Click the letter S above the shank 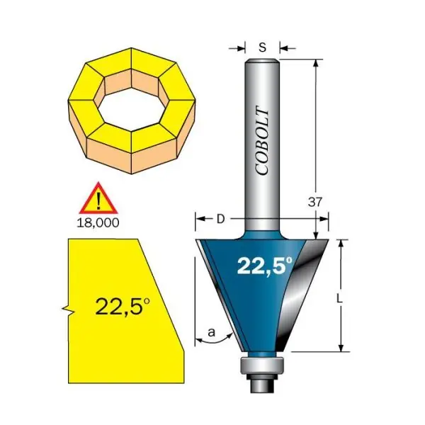point(262,47)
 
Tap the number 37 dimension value point(315,202)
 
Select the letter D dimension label point(221,220)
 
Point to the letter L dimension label point(339,299)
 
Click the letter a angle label point(211,331)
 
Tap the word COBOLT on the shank point(262,140)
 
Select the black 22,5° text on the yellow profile point(123,307)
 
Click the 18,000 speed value point(98,223)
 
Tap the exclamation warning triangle point(98,198)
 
